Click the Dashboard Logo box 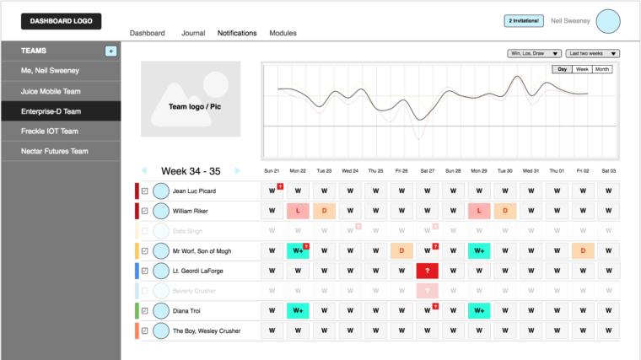tap(62, 21)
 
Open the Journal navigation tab tap(193, 33)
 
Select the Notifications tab tap(237, 33)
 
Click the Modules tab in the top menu tap(283, 33)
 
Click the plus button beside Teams tap(110, 51)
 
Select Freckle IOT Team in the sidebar tap(50, 131)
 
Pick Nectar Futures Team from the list tap(55, 151)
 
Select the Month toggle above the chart tap(602, 69)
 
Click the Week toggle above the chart tap(582, 69)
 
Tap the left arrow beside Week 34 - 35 tap(144, 170)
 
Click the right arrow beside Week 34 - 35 tap(238, 170)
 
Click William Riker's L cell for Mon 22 tap(298, 211)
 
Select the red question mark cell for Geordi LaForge tap(428, 271)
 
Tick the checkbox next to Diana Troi tap(144, 311)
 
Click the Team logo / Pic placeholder tap(191, 99)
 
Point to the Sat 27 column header tap(428, 170)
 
